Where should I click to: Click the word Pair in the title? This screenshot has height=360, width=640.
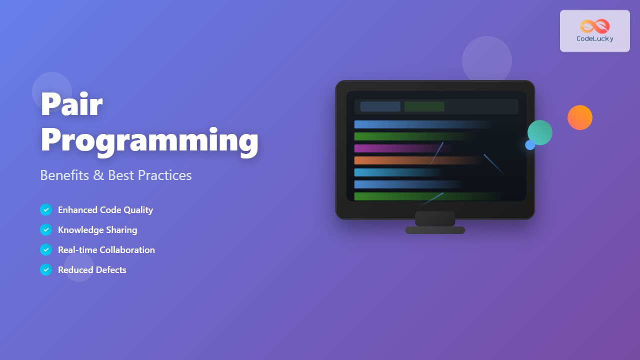tap(71, 104)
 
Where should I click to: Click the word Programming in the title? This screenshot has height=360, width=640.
tap(149, 140)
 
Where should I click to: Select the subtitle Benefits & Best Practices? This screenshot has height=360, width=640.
tap(115, 175)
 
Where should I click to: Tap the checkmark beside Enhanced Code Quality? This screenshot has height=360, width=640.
tap(46, 210)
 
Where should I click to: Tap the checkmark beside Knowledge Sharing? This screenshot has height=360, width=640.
tap(46, 230)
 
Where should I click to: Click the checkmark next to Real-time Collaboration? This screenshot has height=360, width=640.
tap(46, 250)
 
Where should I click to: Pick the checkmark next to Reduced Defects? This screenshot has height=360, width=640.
tap(46, 270)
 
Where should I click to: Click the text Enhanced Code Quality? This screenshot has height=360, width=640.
tap(105, 210)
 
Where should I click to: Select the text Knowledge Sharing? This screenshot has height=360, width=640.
tap(97, 230)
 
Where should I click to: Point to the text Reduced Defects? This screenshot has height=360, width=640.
tap(92, 270)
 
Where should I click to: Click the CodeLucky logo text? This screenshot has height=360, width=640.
tap(594, 39)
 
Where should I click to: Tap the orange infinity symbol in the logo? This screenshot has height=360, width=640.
tap(594, 26)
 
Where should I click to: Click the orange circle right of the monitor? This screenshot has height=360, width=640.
tap(580, 117)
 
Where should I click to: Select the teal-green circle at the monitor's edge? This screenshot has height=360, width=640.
tap(540, 132)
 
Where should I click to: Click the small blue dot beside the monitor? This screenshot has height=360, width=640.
tap(530, 145)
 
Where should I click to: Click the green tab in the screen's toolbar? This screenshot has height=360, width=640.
tap(424, 106)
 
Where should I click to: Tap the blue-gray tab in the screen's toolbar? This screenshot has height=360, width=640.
tap(380, 106)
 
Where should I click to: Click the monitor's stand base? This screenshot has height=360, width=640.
tap(435, 230)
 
